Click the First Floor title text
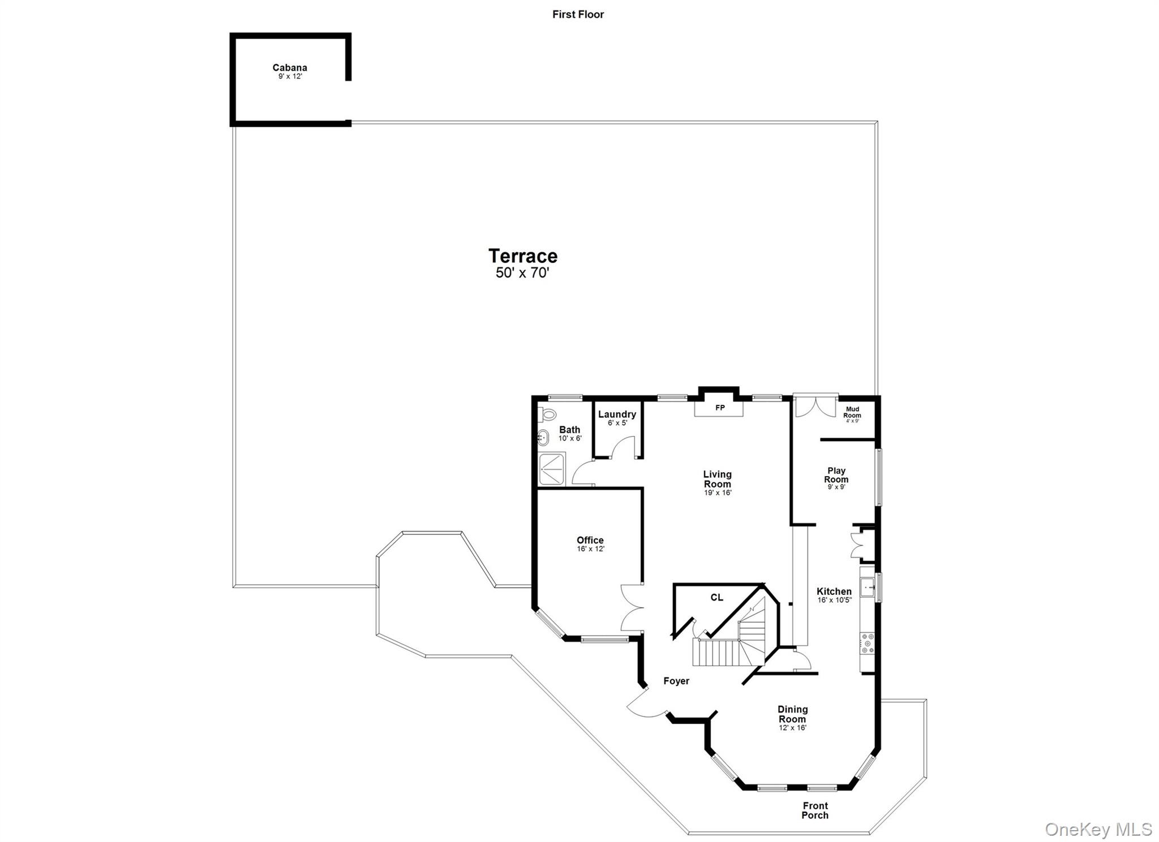tap(578, 15)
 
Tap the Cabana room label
tap(290, 68)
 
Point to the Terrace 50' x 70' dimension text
tap(522, 273)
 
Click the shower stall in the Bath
tap(552, 469)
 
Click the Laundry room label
tap(617, 414)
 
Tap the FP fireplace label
tap(720, 408)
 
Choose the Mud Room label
tap(852, 412)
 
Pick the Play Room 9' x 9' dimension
tap(836, 487)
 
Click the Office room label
tap(590, 540)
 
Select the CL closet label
tap(716, 598)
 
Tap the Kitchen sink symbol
tap(868, 587)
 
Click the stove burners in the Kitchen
tap(867, 643)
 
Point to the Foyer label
tap(676, 681)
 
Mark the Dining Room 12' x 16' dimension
tap(792, 728)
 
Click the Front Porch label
tap(815, 810)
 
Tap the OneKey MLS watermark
tap(1098, 830)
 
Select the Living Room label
tap(717, 479)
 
